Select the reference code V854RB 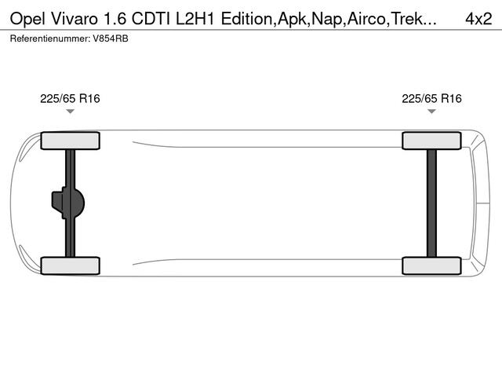[110, 38]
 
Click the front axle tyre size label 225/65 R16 [70, 99]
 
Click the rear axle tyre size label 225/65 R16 [431, 99]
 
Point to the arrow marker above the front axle [70, 112]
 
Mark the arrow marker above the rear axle [431, 112]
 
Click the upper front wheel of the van [70, 141]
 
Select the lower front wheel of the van [70, 265]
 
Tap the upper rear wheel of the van [431, 141]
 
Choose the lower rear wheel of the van [431, 265]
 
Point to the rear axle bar [431, 203]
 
